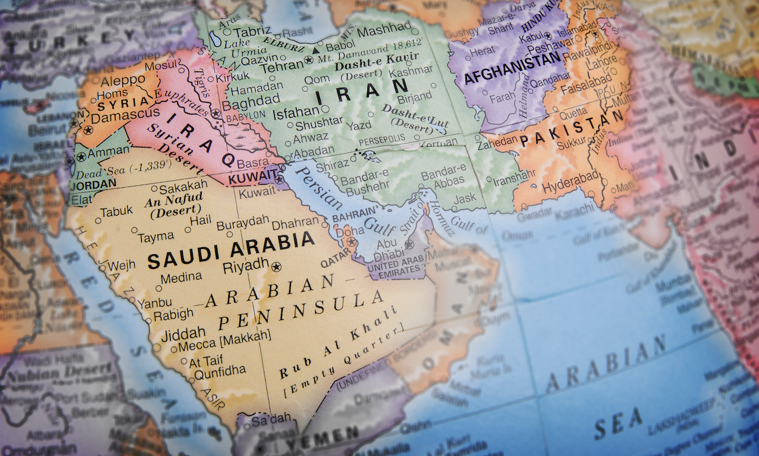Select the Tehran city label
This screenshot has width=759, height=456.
pos(282,66)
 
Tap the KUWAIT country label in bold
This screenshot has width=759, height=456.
pos(252,178)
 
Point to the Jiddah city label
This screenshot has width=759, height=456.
pos(184,333)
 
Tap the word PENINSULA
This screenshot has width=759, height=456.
pos(301,310)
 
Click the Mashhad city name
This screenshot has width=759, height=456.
pos(383,28)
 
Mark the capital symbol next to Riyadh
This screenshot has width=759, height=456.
pos(275,267)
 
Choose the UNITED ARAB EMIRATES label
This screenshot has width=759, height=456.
pos(390,268)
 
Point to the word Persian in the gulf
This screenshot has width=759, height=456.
pos(315,188)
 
